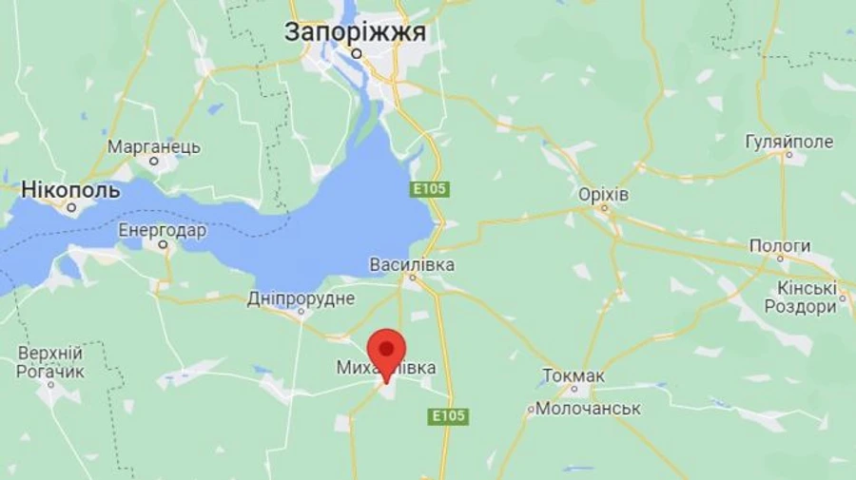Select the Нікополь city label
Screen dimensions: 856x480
pos(70,190)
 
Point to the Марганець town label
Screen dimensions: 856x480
pos(154,147)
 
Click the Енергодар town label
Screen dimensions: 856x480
pos(162,230)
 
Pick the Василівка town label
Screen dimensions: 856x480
pos(412,264)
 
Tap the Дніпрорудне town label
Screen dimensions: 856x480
pos(301,298)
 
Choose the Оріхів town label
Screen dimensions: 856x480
pos(604,194)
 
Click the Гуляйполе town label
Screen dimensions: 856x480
pos(788,143)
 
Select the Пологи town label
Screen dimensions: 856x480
pos(780,245)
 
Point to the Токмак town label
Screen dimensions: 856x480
pos(574,375)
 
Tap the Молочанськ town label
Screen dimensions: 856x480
pos(589,409)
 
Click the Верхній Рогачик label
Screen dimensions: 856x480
pos(50,362)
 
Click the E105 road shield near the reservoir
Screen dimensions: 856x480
pos(430,190)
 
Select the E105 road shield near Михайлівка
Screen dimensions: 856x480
pos(449,416)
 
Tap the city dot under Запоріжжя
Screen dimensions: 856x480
pos(357,54)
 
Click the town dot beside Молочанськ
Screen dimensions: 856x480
pos(531,410)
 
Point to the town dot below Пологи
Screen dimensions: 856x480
pos(780,258)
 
